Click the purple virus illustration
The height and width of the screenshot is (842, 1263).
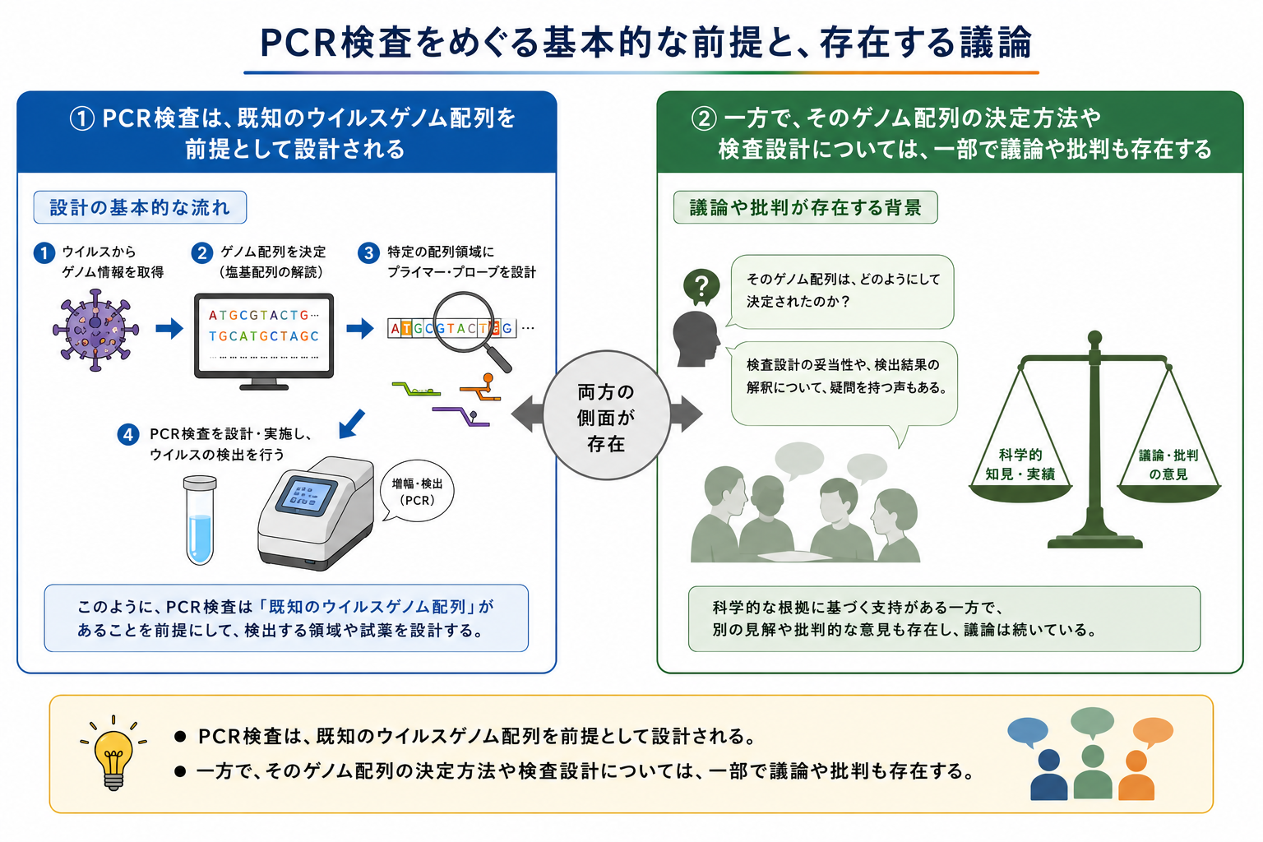tap(95, 330)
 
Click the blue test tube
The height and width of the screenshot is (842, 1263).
tap(200, 520)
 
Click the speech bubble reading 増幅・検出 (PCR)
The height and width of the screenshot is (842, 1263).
tap(417, 492)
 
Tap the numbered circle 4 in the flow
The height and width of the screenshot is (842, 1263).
tap(128, 434)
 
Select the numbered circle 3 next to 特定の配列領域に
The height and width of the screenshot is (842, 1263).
tap(368, 252)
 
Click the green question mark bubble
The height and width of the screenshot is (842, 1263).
tap(701, 286)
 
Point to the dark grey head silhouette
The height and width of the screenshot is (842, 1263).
tap(696, 339)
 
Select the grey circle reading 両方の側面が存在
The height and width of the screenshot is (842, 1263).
tap(607, 415)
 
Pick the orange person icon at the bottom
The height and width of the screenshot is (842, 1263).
tap(1136, 775)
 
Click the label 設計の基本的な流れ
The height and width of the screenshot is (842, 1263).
tap(140, 207)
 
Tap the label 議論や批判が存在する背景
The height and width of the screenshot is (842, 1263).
tap(806, 207)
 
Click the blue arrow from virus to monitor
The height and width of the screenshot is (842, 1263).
tap(169, 328)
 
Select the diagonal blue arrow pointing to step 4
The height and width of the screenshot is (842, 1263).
tap(352, 424)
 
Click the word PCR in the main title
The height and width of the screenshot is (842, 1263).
tap(298, 43)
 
